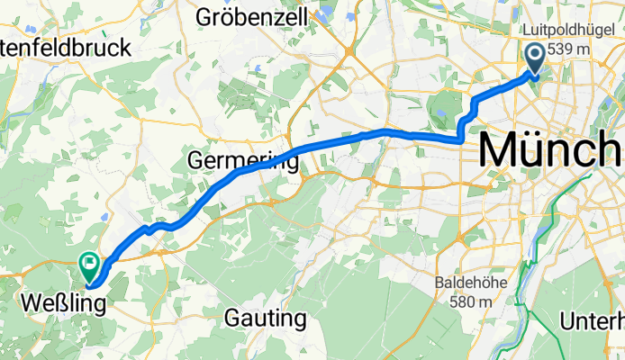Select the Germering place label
243,161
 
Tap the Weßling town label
62,302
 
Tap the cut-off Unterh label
592,320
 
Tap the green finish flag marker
90,265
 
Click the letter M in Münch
501,150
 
